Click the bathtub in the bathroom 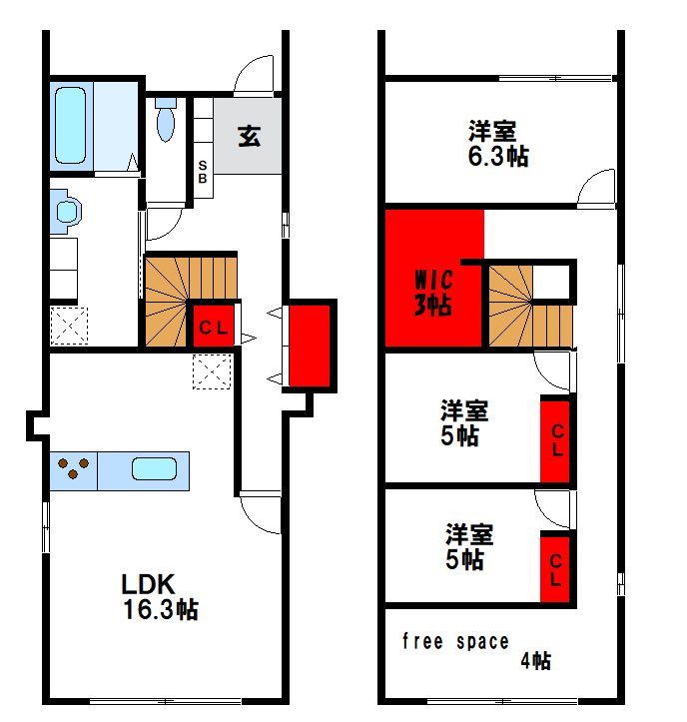(x=71, y=125)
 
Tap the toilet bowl (x=166, y=119)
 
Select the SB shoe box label (x=203, y=172)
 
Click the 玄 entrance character (x=249, y=136)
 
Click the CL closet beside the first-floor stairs (x=214, y=327)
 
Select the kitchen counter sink (x=154, y=468)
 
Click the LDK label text (x=148, y=584)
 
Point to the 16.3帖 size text (x=160, y=609)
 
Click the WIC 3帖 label (x=433, y=293)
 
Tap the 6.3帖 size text (x=498, y=156)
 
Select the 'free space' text (x=455, y=641)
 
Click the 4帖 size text (x=535, y=661)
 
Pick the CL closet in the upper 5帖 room (x=555, y=440)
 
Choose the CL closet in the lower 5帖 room (x=555, y=569)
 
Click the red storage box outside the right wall (x=310, y=346)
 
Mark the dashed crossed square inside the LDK (x=212, y=371)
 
